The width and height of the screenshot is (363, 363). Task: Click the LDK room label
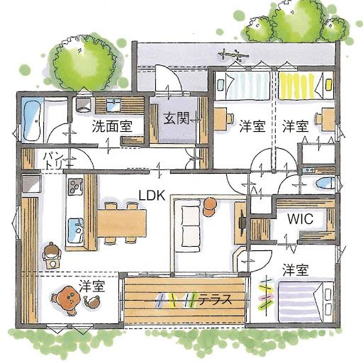click(152, 196)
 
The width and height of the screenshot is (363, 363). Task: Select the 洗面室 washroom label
click(112, 126)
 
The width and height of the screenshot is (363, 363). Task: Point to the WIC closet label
click(301, 219)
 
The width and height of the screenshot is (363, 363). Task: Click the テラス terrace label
click(215, 300)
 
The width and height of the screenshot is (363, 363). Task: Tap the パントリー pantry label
click(53, 161)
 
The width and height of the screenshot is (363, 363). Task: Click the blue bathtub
click(31, 121)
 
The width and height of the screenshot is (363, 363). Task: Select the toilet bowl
click(325, 184)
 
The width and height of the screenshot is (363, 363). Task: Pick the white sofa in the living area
click(191, 226)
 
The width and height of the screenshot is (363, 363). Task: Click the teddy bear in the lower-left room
click(69, 301)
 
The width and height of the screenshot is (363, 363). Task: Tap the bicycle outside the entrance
click(233, 55)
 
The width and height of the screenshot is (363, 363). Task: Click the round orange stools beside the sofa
click(209, 207)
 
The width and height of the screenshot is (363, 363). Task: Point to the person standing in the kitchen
click(52, 254)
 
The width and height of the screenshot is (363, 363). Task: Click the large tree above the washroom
click(84, 62)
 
